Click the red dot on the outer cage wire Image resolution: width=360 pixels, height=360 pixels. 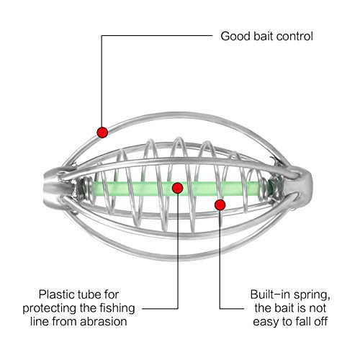102,132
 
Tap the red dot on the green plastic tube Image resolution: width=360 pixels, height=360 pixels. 178,188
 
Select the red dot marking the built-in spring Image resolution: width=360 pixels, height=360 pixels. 220,205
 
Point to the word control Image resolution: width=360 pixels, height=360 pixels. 294,36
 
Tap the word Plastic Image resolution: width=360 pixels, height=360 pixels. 57,294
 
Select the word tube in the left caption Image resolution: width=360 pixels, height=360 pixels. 89,294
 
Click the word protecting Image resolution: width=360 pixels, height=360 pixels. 50,308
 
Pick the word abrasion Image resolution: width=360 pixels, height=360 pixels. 104,322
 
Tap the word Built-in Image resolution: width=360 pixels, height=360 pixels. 270,294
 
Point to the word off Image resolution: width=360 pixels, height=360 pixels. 320,322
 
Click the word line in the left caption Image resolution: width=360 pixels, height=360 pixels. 40,322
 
